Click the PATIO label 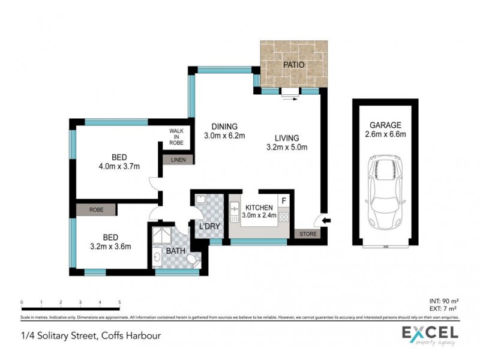293,64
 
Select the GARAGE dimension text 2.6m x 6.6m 385,134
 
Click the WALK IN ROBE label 176,137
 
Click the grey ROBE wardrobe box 96,210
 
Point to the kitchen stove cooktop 284,217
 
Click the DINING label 224,127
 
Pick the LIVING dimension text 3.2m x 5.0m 286,146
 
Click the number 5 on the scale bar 119,302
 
